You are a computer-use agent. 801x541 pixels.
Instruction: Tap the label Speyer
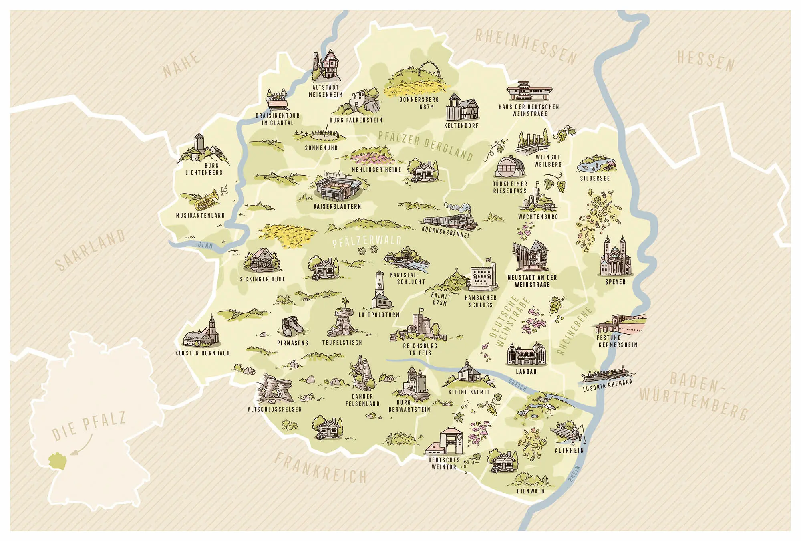click(615, 282)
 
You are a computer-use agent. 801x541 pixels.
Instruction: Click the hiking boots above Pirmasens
click(292, 327)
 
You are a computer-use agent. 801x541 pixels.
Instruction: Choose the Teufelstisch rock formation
click(342, 323)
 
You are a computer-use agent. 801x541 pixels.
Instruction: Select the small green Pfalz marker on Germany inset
click(56, 461)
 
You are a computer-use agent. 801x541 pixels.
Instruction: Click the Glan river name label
click(205, 245)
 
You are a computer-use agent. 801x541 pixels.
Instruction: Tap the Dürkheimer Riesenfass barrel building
click(510, 167)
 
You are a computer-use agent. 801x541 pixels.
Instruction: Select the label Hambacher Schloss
click(481, 301)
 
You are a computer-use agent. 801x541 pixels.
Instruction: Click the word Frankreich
click(320, 468)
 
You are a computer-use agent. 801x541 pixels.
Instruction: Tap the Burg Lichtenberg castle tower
click(199, 143)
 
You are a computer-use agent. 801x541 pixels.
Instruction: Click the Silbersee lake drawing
click(596, 165)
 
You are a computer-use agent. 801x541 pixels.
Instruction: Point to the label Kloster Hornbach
click(203, 353)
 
